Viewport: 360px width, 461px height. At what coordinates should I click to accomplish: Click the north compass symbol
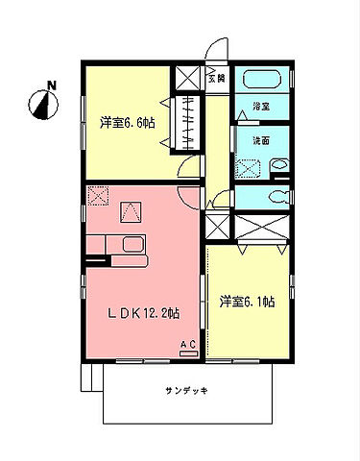[41, 99]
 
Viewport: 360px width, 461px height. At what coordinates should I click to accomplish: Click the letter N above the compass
[51, 85]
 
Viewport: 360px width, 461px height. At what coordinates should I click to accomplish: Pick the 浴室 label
[259, 105]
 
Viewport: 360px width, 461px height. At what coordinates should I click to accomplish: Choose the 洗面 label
[259, 140]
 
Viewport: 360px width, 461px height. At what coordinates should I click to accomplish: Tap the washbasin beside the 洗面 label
[278, 164]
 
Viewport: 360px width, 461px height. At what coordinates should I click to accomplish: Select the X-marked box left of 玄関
[185, 79]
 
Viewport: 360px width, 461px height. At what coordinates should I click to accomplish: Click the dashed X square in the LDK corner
[98, 196]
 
